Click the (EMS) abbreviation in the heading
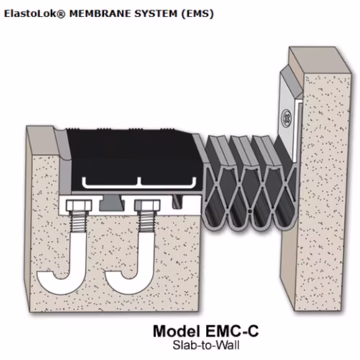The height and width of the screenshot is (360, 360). tap(197, 14)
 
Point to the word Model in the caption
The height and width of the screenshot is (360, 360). tap(176, 331)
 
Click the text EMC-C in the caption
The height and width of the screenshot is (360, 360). tap(232, 331)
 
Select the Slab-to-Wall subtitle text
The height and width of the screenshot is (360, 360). tap(206, 346)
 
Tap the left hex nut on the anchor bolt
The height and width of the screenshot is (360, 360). tap(78, 206)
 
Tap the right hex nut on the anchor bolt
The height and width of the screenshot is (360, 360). tap(147, 206)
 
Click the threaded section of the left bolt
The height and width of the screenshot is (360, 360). tap(78, 222)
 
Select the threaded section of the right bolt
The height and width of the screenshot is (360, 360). tap(147, 222)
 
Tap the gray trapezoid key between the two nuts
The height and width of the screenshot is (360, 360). tap(111, 203)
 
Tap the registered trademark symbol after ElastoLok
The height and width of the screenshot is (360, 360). tap(62, 14)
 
